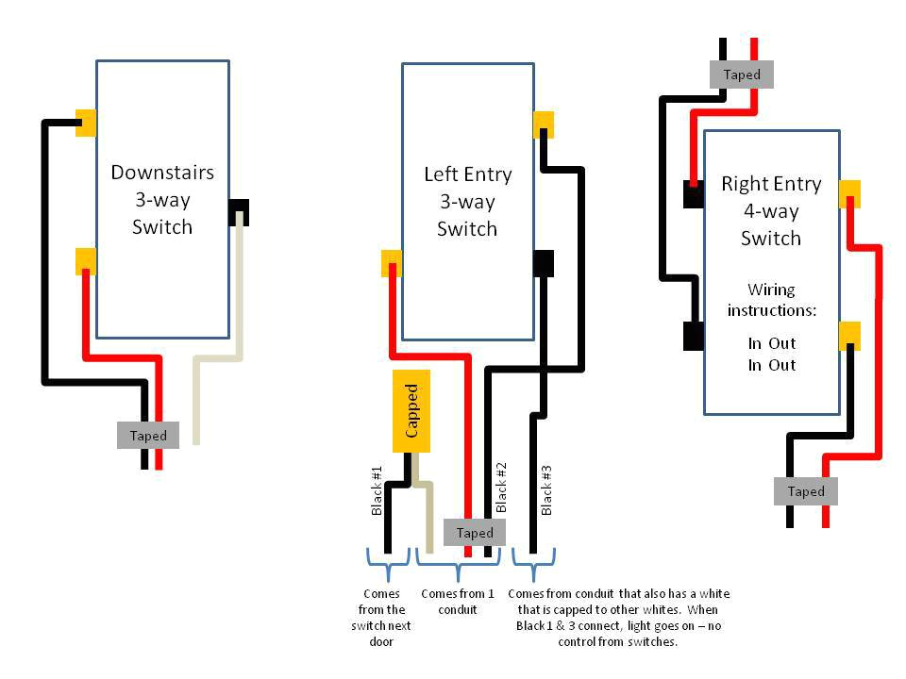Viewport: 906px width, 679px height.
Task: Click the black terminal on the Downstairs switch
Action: (238, 211)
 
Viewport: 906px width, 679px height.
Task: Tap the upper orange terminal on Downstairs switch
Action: (86, 123)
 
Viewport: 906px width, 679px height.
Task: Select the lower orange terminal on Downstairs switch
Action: (86, 260)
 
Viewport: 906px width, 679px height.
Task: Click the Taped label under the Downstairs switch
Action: (148, 435)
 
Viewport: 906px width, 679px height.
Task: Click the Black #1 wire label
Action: (377, 490)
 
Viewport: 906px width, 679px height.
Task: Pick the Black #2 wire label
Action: (502, 487)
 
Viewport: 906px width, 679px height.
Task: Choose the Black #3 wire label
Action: (546, 490)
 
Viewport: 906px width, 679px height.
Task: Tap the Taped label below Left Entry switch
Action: (475, 532)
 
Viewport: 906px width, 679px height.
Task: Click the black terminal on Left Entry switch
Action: (543, 263)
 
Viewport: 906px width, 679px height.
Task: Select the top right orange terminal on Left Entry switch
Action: (543, 124)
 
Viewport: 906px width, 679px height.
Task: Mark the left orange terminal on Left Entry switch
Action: (392, 263)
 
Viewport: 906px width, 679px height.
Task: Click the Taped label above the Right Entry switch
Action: (742, 74)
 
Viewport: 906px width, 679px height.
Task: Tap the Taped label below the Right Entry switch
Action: (806, 490)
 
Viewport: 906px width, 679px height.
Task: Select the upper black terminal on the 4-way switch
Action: (694, 194)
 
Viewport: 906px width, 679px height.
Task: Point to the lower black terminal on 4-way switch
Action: (694, 336)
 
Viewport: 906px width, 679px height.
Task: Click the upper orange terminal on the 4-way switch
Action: (849, 193)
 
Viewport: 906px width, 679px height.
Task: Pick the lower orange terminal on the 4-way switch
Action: (849, 335)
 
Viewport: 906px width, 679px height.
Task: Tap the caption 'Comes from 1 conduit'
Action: (457, 602)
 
